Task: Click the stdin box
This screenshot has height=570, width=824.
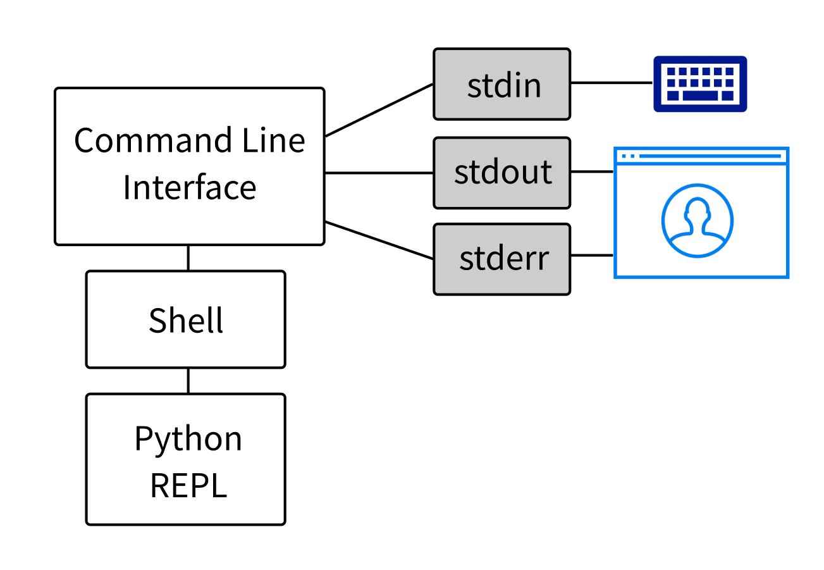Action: coord(501,84)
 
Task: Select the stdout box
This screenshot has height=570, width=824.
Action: coord(501,173)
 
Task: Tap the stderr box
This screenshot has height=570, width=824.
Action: coord(501,259)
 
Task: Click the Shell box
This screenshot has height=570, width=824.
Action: coord(185,319)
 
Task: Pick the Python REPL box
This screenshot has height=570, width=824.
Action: coord(185,459)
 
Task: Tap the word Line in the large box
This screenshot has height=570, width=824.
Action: coord(276,140)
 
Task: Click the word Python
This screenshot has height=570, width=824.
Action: coord(188,438)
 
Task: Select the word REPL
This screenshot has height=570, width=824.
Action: coord(188,486)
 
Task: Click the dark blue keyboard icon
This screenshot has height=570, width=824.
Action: coord(699,84)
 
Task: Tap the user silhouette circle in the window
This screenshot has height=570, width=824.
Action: coord(697,221)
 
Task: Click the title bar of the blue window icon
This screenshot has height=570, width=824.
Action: coord(701,156)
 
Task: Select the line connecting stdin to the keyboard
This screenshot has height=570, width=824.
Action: coord(611,83)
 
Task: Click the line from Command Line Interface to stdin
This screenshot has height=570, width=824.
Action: coord(379,109)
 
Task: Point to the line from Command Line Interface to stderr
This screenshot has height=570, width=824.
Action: coord(379,240)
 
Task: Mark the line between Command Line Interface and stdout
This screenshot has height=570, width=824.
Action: coord(379,172)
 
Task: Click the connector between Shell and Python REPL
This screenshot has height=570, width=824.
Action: coord(188,381)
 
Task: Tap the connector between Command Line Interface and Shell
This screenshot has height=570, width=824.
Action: coord(188,258)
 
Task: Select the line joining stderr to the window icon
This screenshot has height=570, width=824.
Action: coord(592,256)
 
